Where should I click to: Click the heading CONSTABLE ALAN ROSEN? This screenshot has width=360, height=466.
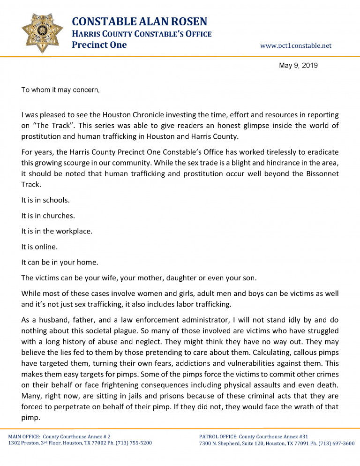(139, 22)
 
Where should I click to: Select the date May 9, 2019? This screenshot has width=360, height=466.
(298, 66)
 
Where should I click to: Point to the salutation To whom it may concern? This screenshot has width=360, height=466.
(60, 90)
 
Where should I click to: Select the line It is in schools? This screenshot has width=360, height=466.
(45, 200)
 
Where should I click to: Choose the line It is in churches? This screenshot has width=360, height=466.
(48, 216)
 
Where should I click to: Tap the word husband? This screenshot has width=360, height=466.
(53, 323)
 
